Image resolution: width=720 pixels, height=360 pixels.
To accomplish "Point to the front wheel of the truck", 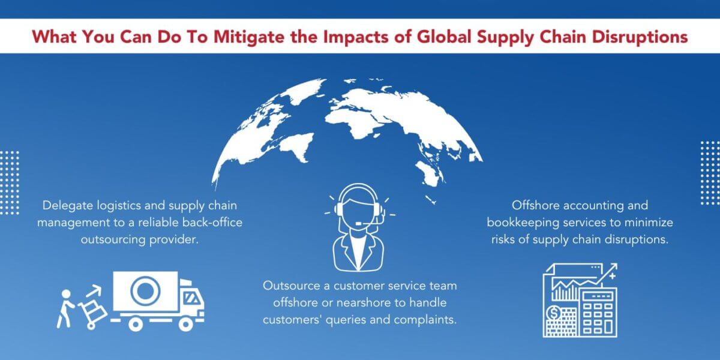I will [188, 324].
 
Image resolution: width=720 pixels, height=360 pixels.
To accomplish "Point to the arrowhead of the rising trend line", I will [613, 268].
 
